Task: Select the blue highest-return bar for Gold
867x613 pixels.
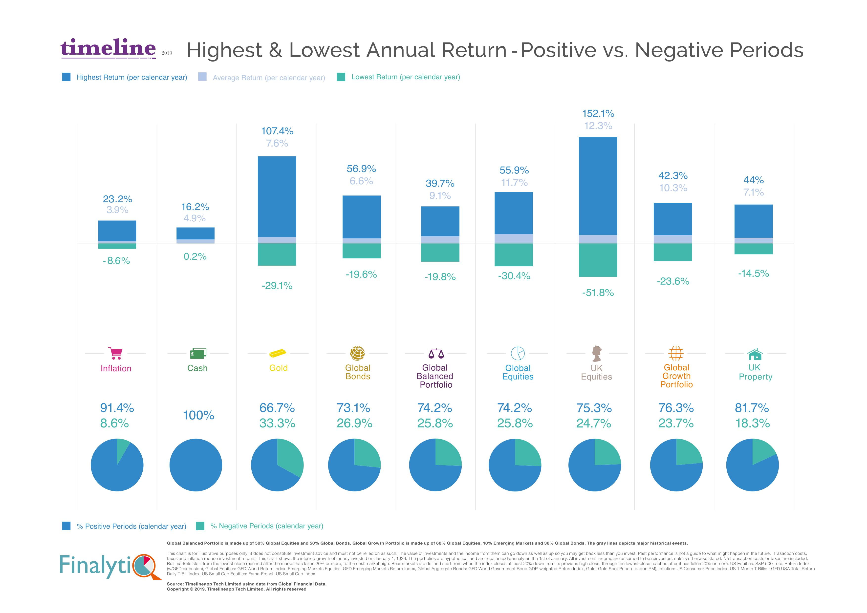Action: tap(277, 196)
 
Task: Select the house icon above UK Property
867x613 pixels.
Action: tap(755, 354)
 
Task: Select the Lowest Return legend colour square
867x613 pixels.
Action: tap(341, 77)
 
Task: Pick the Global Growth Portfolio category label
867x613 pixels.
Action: tap(676, 376)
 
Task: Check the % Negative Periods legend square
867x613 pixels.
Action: tap(200, 526)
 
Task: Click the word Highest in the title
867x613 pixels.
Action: tap(225, 50)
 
